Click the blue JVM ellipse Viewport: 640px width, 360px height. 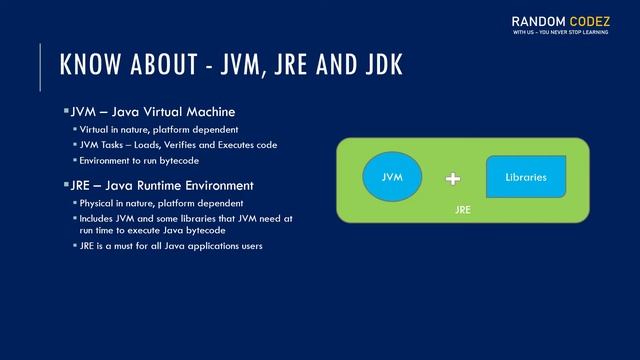[391, 176]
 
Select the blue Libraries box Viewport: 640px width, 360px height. [526, 177]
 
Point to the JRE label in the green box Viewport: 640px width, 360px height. [462, 211]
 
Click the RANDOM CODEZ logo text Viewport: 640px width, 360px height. [566, 20]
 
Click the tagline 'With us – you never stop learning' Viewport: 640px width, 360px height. [566, 34]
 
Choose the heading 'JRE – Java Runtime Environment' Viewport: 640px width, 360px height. [161, 185]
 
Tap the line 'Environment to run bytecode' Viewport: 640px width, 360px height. [139, 160]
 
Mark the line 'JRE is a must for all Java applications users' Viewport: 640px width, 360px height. [171, 246]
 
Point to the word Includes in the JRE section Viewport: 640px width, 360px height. [100, 217]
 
